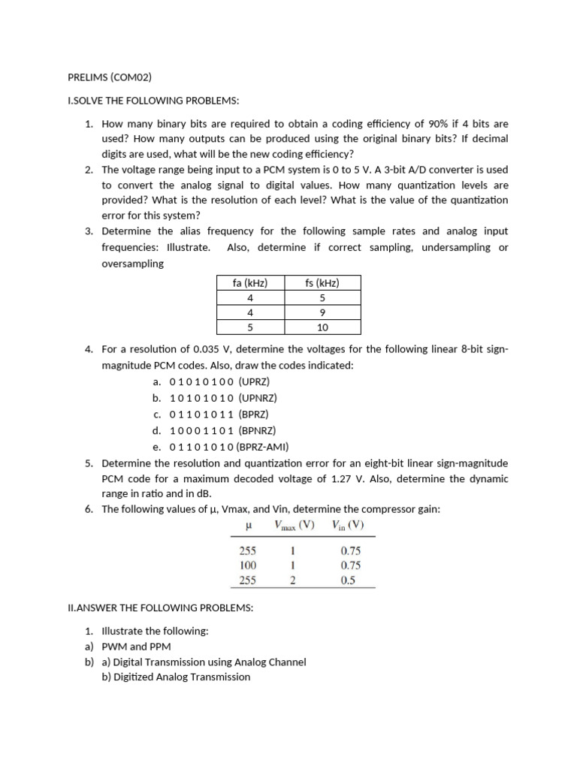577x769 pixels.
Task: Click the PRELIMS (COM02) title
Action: [x=110, y=77]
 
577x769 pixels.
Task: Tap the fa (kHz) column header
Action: [x=250, y=283]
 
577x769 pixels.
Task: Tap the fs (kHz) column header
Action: [x=322, y=283]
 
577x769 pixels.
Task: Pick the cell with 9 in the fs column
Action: [x=322, y=312]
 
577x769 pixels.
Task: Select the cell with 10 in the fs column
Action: [x=322, y=327]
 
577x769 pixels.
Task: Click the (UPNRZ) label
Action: [x=263, y=398]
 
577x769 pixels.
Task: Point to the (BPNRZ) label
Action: [x=258, y=430]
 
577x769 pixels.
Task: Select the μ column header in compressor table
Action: [x=248, y=526]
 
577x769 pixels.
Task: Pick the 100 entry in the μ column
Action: [x=248, y=565]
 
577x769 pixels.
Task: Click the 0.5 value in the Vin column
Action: [x=347, y=580]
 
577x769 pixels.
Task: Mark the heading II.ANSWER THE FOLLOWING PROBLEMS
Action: [x=161, y=608]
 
